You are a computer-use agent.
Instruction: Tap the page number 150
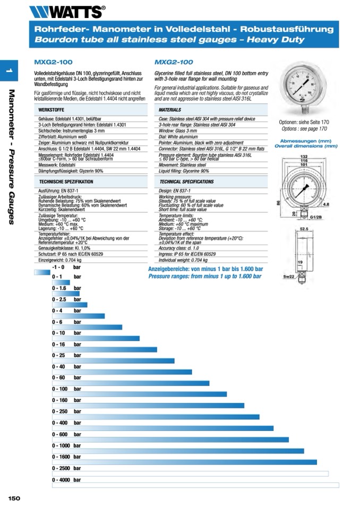coord(14,498)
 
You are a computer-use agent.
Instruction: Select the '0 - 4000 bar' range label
coord(66,480)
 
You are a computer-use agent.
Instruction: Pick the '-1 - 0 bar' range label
coord(66,267)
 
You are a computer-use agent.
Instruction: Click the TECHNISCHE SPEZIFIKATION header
coord(66,182)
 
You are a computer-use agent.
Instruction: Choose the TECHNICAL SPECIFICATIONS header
coord(186,182)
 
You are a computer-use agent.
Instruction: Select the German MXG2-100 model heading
coord(53,62)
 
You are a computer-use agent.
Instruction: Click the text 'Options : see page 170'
coord(304,128)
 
